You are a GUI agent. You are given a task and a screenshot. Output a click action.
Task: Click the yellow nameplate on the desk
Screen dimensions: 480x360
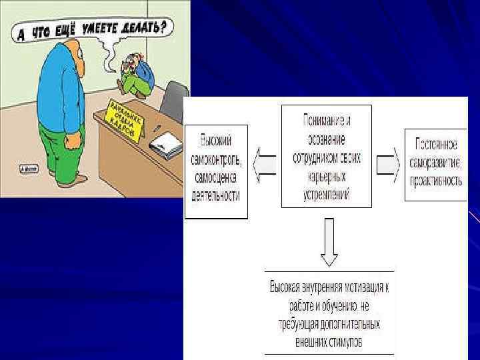125,119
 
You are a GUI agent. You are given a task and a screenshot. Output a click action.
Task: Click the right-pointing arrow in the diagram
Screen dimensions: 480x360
388,163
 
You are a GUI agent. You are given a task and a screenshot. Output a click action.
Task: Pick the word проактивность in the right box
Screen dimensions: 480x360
435,178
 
